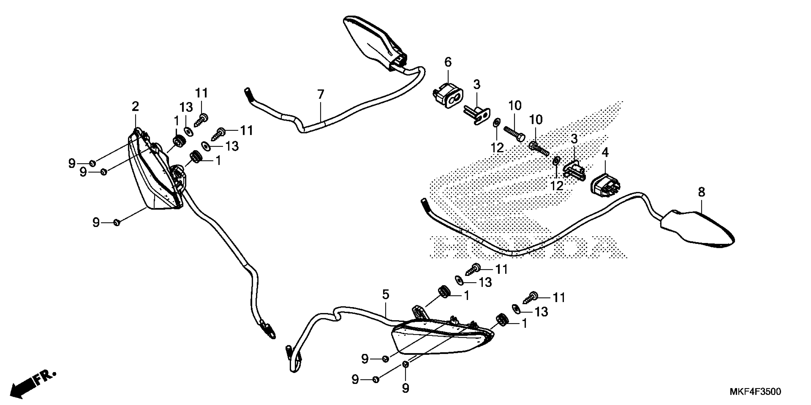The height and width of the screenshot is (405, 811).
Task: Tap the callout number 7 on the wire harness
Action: pyautogui.click(x=321, y=94)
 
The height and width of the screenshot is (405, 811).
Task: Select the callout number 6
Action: pyautogui.click(x=448, y=62)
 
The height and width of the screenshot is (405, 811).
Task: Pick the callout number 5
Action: pyautogui.click(x=386, y=295)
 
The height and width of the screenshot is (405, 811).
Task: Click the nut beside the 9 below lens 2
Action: pyautogui.click(x=116, y=223)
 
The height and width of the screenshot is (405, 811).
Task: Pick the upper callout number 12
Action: pyautogui.click(x=497, y=147)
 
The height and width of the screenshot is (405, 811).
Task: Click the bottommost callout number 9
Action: pyautogui.click(x=405, y=388)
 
